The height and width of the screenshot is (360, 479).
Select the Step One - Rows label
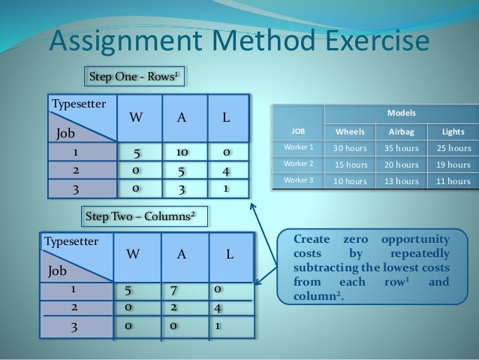coord(134,77)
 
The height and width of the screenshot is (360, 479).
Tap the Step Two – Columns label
coord(140,216)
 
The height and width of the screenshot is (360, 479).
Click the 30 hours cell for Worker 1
coord(351,147)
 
